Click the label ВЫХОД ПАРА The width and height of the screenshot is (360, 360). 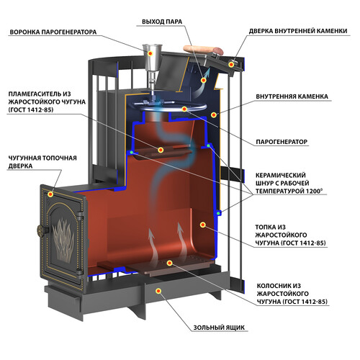click(x=162, y=22)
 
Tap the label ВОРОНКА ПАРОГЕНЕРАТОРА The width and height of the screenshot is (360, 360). click(x=53, y=32)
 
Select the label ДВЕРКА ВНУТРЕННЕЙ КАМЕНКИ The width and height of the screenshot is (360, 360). click(x=298, y=31)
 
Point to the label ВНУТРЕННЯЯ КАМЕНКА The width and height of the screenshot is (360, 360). click(x=292, y=96)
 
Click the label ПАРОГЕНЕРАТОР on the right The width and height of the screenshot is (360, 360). click(x=282, y=142)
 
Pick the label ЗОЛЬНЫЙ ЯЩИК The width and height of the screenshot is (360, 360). click(x=219, y=328)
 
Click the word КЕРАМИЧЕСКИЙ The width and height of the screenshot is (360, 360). click(x=281, y=175)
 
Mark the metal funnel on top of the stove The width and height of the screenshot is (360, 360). click(x=152, y=63)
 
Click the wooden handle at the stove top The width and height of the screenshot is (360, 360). click(x=203, y=50)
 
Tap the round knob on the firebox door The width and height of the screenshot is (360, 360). click(x=40, y=230)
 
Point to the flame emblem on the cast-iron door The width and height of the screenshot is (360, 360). click(x=63, y=239)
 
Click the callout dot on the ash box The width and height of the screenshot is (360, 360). click(x=158, y=291)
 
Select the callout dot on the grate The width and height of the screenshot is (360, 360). click(x=170, y=263)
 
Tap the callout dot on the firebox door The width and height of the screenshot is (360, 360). click(x=50, y=194)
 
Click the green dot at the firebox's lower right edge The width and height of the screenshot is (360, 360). click(x=218, y=213)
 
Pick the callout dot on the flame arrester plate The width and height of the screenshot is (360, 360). click(x=161, y=150)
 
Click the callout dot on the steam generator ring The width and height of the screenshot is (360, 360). click(x=184, y=109)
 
